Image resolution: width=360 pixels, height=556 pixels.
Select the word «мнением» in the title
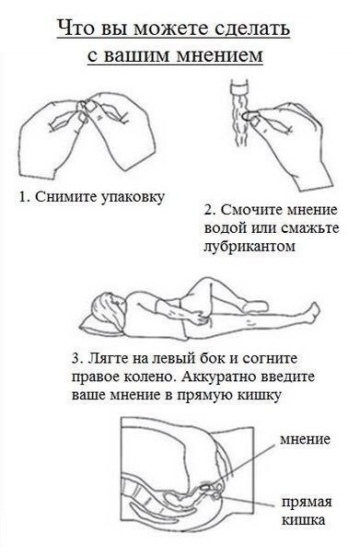click(x=219, y=55)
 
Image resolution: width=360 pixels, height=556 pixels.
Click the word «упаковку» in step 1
click(x=132, y=197)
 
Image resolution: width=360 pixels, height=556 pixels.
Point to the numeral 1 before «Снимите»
click(x=23, y=196)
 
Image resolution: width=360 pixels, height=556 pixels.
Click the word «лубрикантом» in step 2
click(x=250, y=246)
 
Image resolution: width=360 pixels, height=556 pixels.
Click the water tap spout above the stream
click(x=240, y=87)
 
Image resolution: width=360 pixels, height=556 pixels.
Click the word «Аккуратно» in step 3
click(x=219, y=376)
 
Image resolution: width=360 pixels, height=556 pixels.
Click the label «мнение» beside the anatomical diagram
click(x=305, y=439)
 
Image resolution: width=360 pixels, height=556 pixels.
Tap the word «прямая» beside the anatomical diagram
click(x=308, y=503)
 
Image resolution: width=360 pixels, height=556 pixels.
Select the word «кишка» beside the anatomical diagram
click(x=303, y=520)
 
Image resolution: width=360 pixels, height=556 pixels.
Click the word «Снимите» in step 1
click(x=64, y=197)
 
